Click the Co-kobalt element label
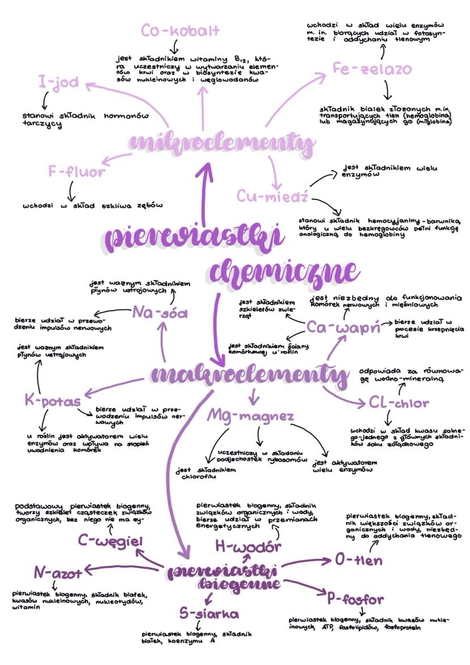(x=180, y=31)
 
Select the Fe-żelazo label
(x=372, y=69)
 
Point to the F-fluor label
(x=77, y=172)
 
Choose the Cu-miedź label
(x=272, y=196)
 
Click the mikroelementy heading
(x=221, y=144)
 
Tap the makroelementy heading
(x=250, y=375)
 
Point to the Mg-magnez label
(x=250, y=416)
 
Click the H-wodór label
(x=248, y=547)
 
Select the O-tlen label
(x=358, y=561)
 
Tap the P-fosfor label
(x=355, y=599)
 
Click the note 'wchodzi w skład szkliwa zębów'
(x=93, y=206)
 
